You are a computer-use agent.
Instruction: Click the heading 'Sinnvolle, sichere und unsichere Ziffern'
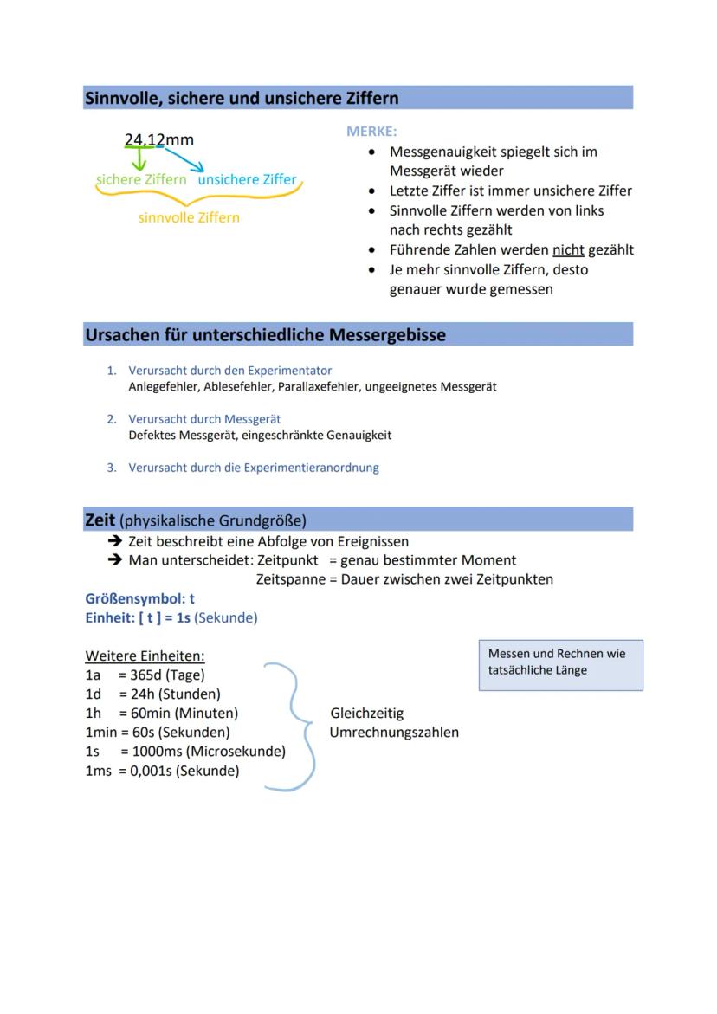click(x=242, y=99)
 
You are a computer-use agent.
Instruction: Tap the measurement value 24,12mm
click(x=159, y=139)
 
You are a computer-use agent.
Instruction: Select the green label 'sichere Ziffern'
click(x=140, y=179)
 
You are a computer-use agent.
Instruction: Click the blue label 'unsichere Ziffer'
click(x=247, y=179)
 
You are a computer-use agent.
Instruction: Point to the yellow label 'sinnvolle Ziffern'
click(x=189, y=217)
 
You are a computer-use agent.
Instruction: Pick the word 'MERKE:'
click(x=371, y=132)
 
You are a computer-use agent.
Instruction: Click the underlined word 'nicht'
click(x=568, y=249)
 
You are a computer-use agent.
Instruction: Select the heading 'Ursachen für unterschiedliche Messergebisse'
click(x=265, y=335)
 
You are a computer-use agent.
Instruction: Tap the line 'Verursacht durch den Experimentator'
click(x=229, y=371)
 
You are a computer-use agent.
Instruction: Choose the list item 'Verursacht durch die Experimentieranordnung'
click(x=253, y=468)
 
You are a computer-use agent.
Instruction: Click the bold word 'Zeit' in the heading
click(x=100, y=520)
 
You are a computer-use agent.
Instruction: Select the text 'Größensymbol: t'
click(x=139, y=598)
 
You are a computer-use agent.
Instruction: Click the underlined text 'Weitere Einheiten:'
click(x=145, y=656)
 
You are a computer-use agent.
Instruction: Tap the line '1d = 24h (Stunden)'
click(x=152, y=694)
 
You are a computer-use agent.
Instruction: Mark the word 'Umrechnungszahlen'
click(x=394, y=733)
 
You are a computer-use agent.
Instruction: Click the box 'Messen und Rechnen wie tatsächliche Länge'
click(x=560, y=664)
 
